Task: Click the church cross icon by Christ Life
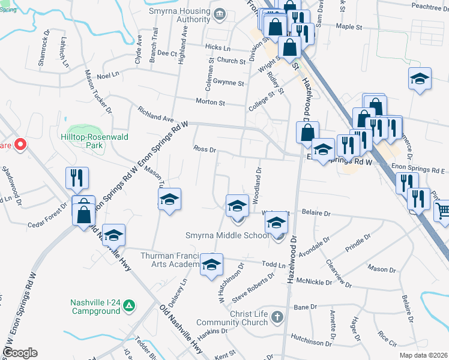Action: (x=276, y=316)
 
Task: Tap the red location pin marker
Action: (x=20, y=145)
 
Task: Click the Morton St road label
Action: (x=209, y=103)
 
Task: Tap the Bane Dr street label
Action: (x=306, y=307)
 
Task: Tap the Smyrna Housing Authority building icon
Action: (x=219, y=13)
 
